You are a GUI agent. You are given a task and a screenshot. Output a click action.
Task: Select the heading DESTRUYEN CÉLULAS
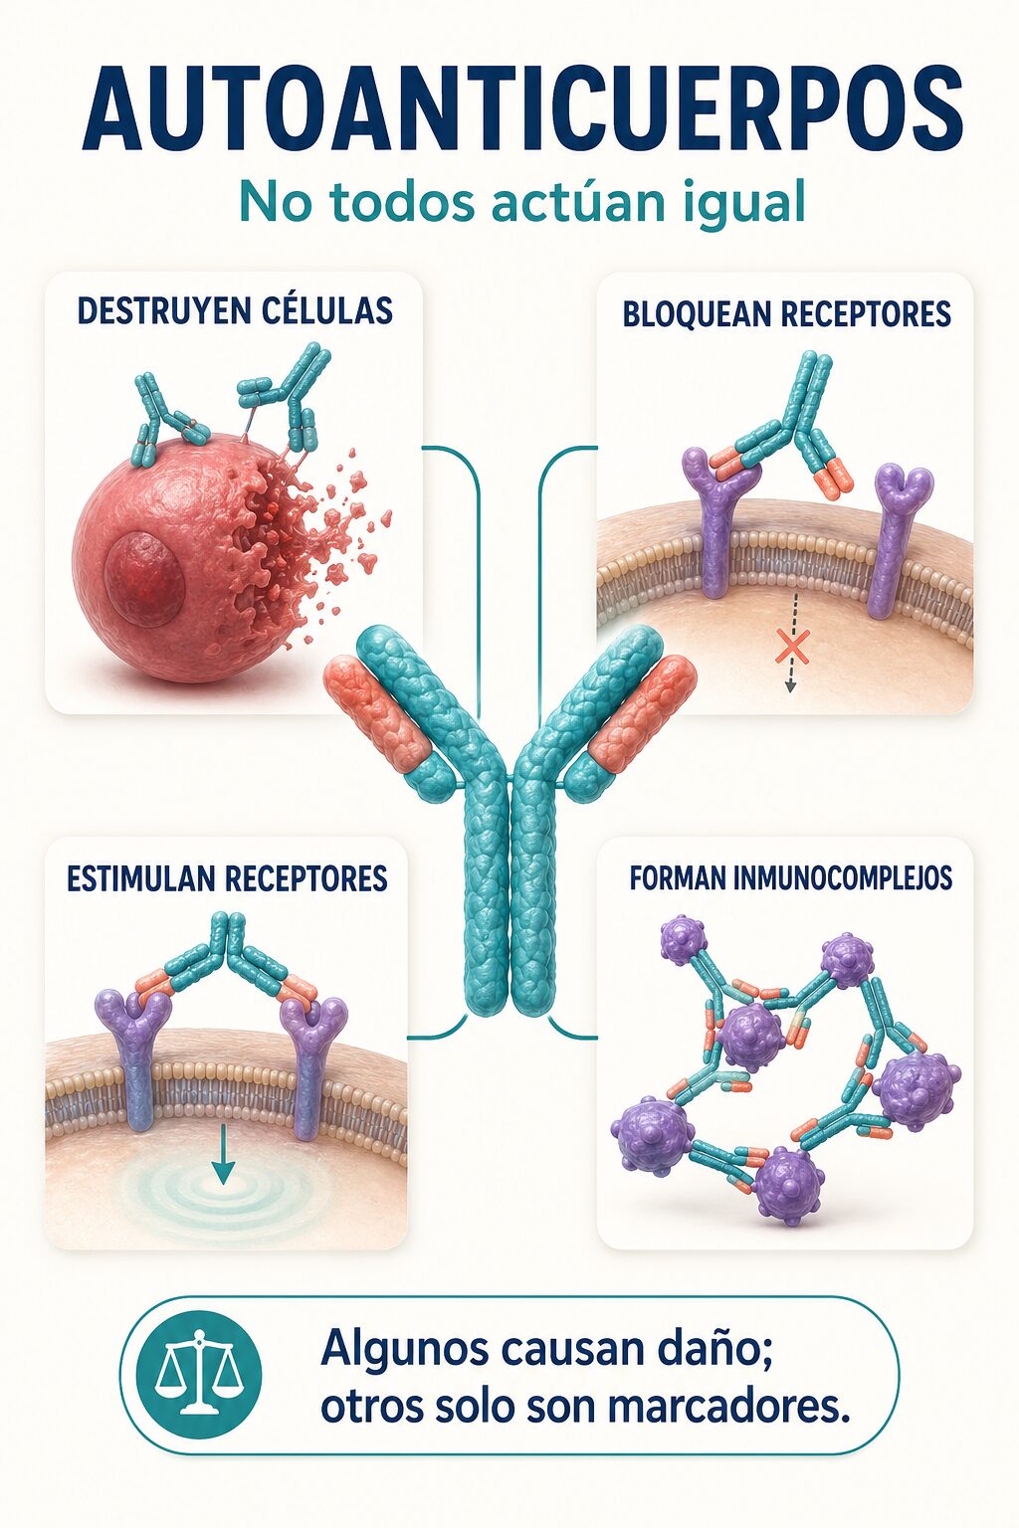(x=235, y=310)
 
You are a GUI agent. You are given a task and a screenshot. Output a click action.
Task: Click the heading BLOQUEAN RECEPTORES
(x=786, y=313)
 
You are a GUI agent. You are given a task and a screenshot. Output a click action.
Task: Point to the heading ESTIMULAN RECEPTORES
(x=227, y=878)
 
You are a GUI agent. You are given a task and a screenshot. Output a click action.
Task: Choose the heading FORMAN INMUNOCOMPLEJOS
(x=790, y=877)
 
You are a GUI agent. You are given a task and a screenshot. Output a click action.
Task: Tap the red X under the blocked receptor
(x=792, y=648)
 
